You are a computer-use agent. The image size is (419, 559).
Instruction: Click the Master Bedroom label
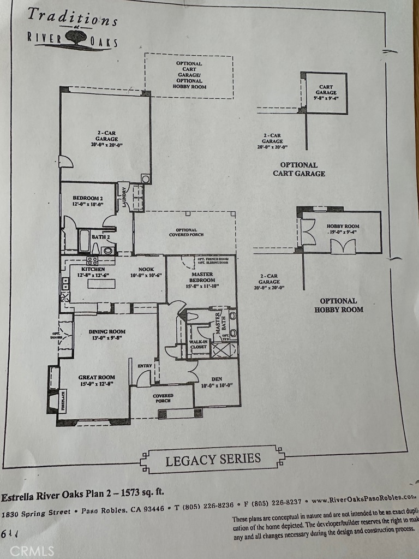pos(202,277)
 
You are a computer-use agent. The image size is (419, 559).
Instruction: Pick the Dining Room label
pos(107,331)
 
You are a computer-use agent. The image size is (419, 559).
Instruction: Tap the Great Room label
pos(96,377)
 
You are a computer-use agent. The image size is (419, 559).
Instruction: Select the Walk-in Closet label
pos(199,345)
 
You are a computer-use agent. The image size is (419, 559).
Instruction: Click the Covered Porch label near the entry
pos(163,398)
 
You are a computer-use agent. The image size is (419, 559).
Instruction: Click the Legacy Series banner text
pos(213,459)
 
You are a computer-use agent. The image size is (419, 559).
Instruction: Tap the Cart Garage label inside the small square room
pos(326,90)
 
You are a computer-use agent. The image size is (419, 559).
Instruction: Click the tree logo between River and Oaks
pos(74,37)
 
